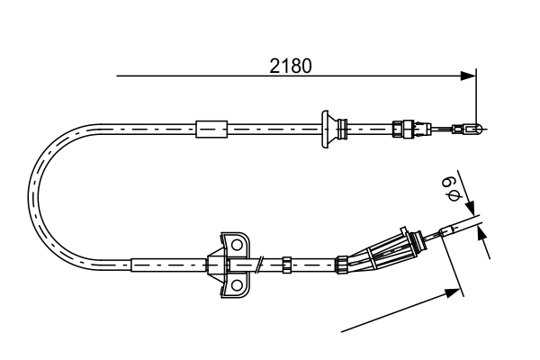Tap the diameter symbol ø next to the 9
click(x=451, y=195)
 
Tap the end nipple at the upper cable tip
click(x=470, y=128)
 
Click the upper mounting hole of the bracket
click(x=238, y=244)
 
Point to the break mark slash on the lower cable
click(x=260, y=265)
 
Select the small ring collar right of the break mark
click(x=286, y=265)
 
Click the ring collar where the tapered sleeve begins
click(x=342, y=264)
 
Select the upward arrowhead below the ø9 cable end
click(x=484, y=233)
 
